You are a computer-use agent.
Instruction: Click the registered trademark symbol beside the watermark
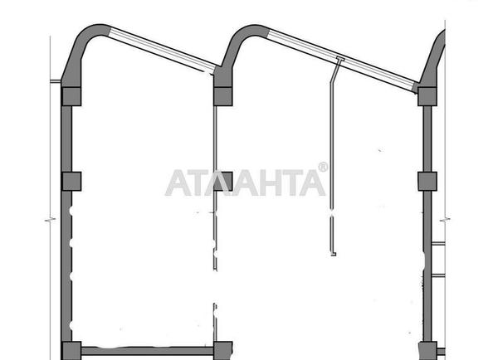tap(323, 167)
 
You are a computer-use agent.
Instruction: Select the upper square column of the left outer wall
tap(71, 96)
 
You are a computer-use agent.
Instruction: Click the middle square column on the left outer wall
tap(71, 182)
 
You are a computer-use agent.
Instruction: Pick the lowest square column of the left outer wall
tap(71, 351)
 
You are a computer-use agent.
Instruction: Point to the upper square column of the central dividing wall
tap(223, 96)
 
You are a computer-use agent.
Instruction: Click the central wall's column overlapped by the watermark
tap(223, 182)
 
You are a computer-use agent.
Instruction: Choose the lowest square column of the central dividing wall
tap(223, 351)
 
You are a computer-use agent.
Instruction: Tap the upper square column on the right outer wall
tap(427, 96)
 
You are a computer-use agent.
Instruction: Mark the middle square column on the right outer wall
tap(427, 182)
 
